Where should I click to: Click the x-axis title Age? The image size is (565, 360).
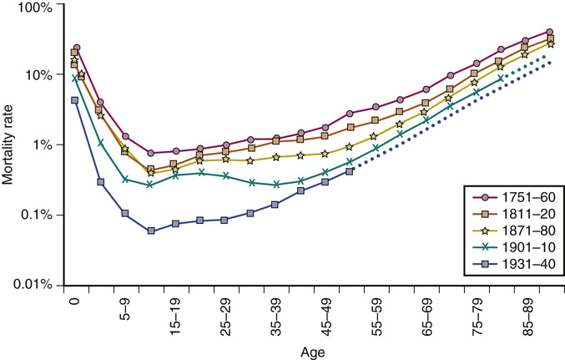(x=314, y=352)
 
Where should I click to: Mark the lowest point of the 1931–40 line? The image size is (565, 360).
(x=150, y=231)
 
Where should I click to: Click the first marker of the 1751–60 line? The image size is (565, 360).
(x=76, y=48)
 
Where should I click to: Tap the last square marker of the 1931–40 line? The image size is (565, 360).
(x=350, y=171)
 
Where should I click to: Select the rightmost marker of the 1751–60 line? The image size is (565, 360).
(x=550, y=32)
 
